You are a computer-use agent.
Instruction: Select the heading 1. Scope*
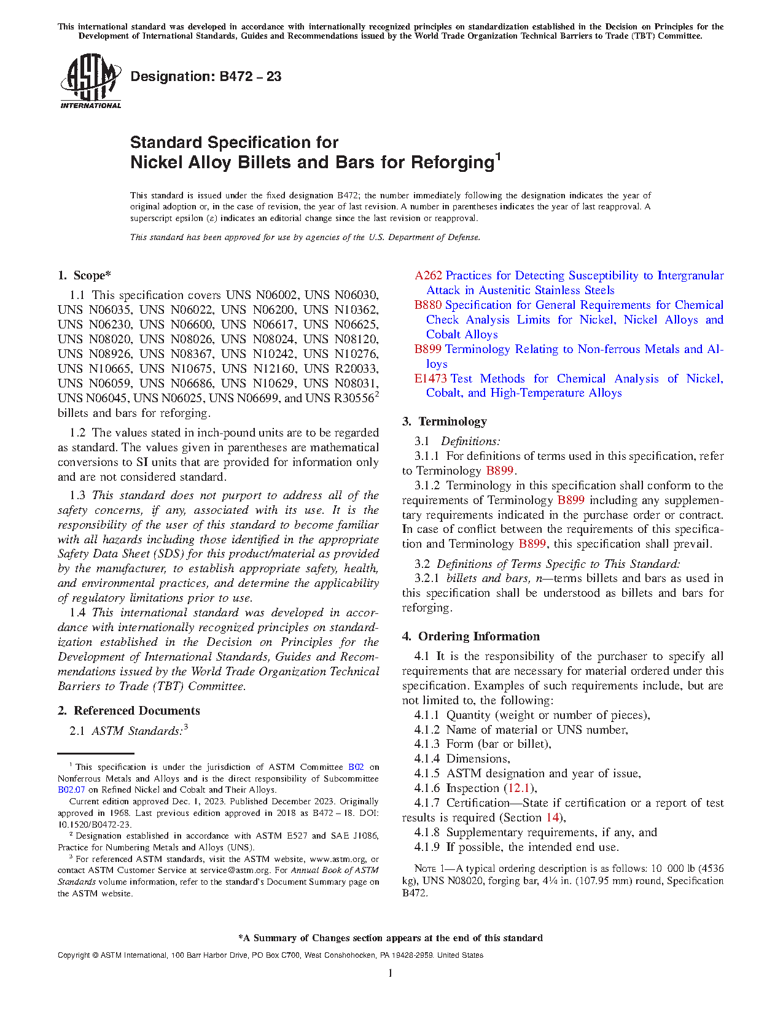click(85, 276)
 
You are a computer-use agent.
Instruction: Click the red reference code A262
click(428, 276)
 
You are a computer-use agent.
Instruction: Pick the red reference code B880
click(427, 305)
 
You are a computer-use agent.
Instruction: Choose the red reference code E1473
click(430, 379)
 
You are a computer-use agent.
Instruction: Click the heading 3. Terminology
click(445, 422)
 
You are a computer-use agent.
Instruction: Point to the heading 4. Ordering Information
click(471, 637)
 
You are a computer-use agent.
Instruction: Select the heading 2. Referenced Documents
click(129, 711)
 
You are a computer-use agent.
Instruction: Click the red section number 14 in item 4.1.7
click(553, 818)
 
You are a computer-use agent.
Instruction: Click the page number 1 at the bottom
click(391, 973)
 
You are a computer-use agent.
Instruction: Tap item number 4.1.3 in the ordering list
click(427, 744)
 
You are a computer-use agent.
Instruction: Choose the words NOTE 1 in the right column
click(425, 869)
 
